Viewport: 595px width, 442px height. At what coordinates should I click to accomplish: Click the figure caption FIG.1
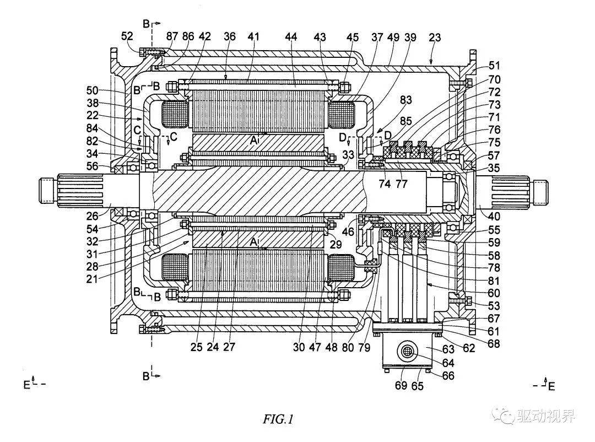click(x=278, y=420)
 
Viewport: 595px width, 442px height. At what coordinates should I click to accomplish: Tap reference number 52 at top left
click(x=127, y=37)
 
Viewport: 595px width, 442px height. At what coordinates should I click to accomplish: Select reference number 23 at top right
click(x=435, y=37)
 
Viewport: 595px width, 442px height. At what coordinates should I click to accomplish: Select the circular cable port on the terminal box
click(x=408, y=351)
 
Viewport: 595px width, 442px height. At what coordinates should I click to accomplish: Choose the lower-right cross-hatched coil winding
click(x=341, y=268)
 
